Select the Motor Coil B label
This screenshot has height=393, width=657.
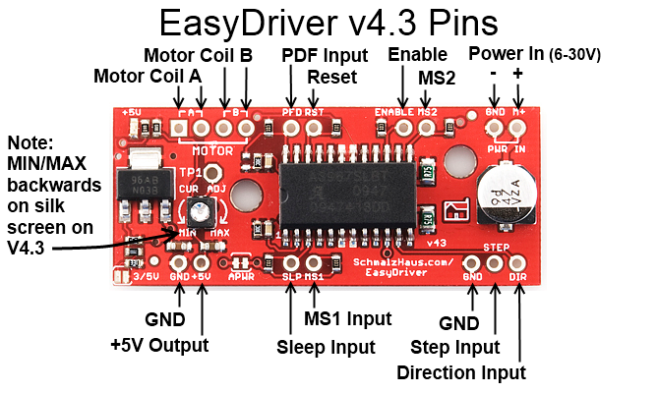point(199,54)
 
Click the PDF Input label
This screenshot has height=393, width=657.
point(325,54)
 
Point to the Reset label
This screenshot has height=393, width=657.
point(326,77)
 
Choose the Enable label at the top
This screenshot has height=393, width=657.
point(417,54)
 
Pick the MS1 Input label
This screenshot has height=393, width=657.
point(348,318)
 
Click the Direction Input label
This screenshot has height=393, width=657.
point(461,372)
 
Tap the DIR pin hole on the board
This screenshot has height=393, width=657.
point(517,263)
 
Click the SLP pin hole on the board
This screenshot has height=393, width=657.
point(290,263)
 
